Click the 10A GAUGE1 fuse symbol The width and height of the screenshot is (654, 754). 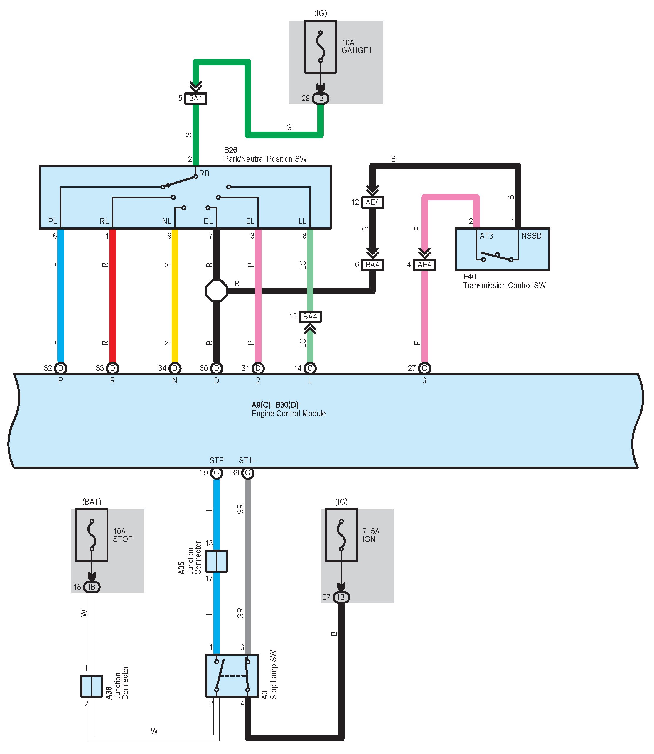[321, 47]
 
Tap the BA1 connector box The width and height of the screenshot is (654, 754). [195, 99]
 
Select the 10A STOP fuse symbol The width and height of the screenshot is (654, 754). [92, 535]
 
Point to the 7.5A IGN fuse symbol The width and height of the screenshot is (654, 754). [341, 535]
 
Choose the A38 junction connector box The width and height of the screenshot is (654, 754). [92, 686]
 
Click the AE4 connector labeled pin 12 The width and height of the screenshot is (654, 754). [372, 202]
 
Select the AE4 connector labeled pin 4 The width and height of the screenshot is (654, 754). [424, 265]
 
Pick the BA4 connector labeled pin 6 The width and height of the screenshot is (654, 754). [372, 265]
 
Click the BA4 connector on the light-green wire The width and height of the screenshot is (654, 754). [310, 317]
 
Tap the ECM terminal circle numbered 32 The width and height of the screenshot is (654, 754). [60, 368]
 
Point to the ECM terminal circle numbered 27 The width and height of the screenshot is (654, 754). [424, 368]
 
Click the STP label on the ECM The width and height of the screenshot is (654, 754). [216, 460]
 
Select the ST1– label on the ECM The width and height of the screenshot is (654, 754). [247, 460]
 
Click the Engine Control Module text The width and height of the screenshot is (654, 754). [288, 414]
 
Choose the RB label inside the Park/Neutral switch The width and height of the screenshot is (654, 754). [204, 174]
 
